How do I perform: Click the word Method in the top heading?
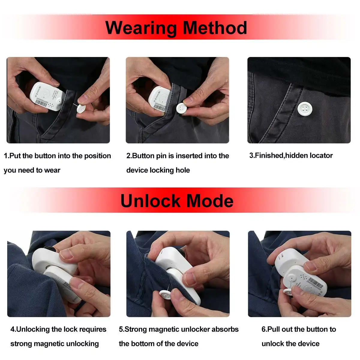pos(215,28)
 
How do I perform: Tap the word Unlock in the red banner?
pos(147,201)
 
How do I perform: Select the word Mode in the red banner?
pos(210,201)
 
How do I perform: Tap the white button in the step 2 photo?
pos(182,108)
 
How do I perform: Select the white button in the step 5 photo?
pos(165,295)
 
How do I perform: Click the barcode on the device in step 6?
pos(316,283)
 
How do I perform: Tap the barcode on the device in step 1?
pos(42,102)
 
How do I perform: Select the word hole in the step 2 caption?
pos(183,170)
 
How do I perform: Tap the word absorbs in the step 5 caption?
pos(225,329)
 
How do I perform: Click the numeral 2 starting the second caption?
pos(128,156)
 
